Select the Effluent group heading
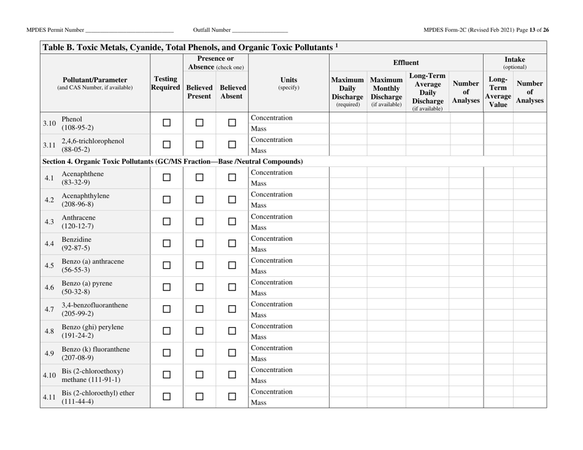(406, 62)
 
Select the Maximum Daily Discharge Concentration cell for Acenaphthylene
(348, 195)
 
